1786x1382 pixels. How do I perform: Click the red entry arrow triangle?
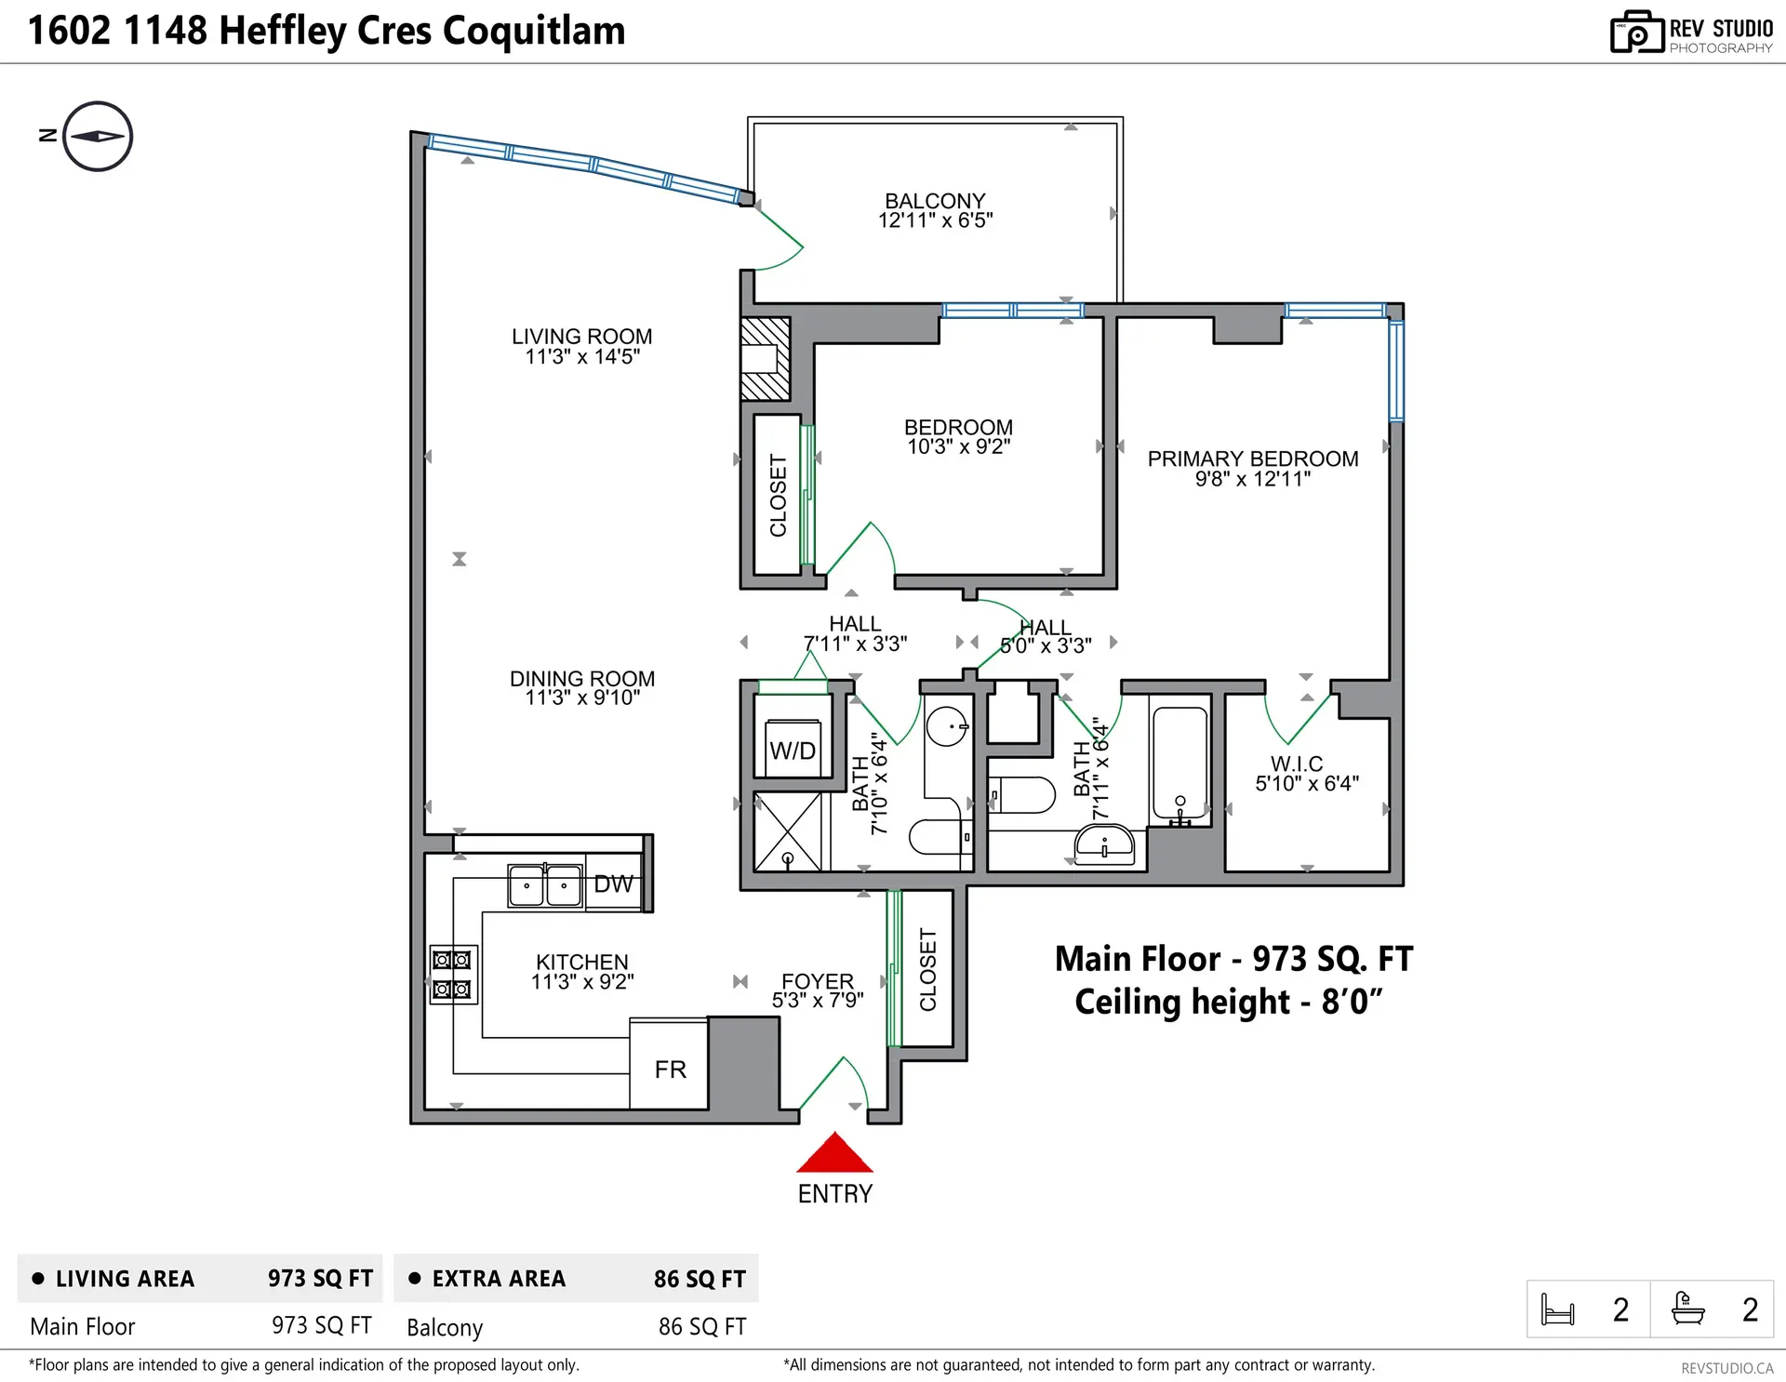click(x=834, y=1154)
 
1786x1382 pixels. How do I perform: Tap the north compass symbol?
click(x=98, y=136)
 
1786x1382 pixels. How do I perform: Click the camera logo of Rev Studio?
click(x=1636, y=33)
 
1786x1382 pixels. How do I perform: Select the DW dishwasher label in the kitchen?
click(x=613, y=884)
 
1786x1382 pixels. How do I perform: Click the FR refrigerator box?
click(x=669, y=1069)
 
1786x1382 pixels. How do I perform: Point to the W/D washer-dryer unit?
click(x=793, y=750)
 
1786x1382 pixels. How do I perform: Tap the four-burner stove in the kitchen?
click(x=453, y=975)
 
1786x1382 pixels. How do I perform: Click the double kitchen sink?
click(x=545, y=884)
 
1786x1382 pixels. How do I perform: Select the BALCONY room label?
click(x=935, y=201)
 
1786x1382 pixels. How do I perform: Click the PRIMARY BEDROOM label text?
click(x=1252, y=458)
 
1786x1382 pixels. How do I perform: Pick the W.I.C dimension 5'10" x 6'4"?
click(x=1306, y=784)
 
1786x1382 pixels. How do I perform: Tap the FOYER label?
click(x=817, y=981)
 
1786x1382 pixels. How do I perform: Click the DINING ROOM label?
click(x=582, y=679)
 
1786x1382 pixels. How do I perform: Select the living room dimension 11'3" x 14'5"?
click(x=582, y=357)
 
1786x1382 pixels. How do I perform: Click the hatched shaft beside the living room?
click(x=765, y=359)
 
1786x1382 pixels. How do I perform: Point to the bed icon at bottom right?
click(x=1557, y=1309)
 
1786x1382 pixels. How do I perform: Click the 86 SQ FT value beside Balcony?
click(x=701, y=1327)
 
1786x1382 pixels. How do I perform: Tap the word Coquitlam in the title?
click(x=533, y=31)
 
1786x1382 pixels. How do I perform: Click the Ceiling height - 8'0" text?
click(x=1228, y=1003)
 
